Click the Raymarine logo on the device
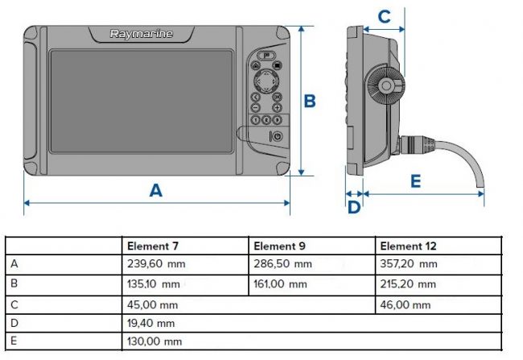pyautogui.click(x=142, y=34)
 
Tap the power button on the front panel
pyautogui.click(x=277, y=136)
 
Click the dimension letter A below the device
pyautogui.click(x=156, y=190)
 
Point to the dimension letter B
pyautogui.click(x=310, y=101)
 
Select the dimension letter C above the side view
pyautogui.click(x=385, y=16)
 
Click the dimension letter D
pyautogui.click(x=354, y=207)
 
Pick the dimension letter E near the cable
pyautogui.click(x=416, y=181)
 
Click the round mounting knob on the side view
pyautogui.click(x=386, y=85)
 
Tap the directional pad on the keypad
pyautogui.click(x=266, y=81)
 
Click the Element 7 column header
pyautogui.click(x=153, y=246)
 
